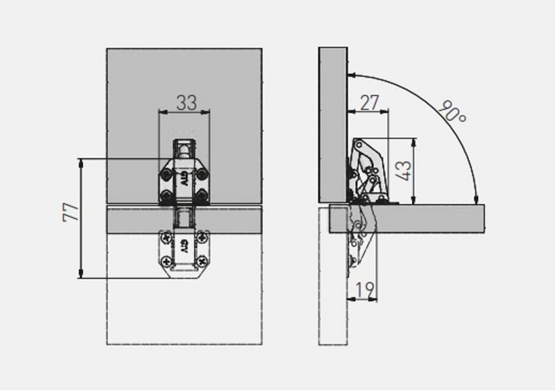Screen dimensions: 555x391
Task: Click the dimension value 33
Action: pos(186,102)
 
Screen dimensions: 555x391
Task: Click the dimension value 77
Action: pos(70,212)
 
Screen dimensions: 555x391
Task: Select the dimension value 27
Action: pos(369,103)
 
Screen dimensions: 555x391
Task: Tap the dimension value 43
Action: pos(403,171)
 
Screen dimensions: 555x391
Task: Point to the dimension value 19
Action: pos(365,289)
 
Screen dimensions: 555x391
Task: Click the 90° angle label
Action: pos(453,111)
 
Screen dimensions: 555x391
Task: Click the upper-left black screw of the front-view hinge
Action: pos(165,175)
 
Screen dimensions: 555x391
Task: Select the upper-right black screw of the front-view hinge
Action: pos(202,175)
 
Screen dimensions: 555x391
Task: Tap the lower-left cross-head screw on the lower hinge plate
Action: pos(165,262)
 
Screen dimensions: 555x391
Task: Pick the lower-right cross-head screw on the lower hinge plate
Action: pos(202,262)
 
